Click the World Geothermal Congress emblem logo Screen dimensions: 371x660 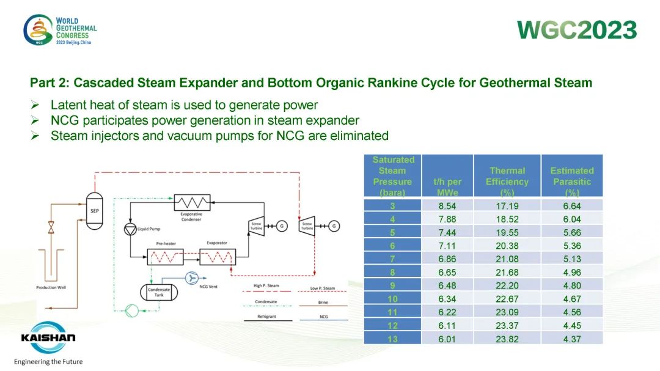tap(38, 30)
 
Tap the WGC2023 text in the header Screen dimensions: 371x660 tap(577, 30)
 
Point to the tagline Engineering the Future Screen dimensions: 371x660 tap(48, 362)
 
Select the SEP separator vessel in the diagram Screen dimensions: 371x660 tap(94, 210)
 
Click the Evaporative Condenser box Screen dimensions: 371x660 tap(192, 202)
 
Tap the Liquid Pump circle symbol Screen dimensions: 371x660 tap(130, 229)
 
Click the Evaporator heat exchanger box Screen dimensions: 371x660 tap(217, 257)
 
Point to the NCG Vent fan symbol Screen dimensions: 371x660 tap(194, 278)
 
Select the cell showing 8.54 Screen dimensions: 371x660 tap(447, 206)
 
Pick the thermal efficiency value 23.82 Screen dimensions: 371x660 tap(507, 339)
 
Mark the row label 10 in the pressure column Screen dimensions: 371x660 tap(392, 299)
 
